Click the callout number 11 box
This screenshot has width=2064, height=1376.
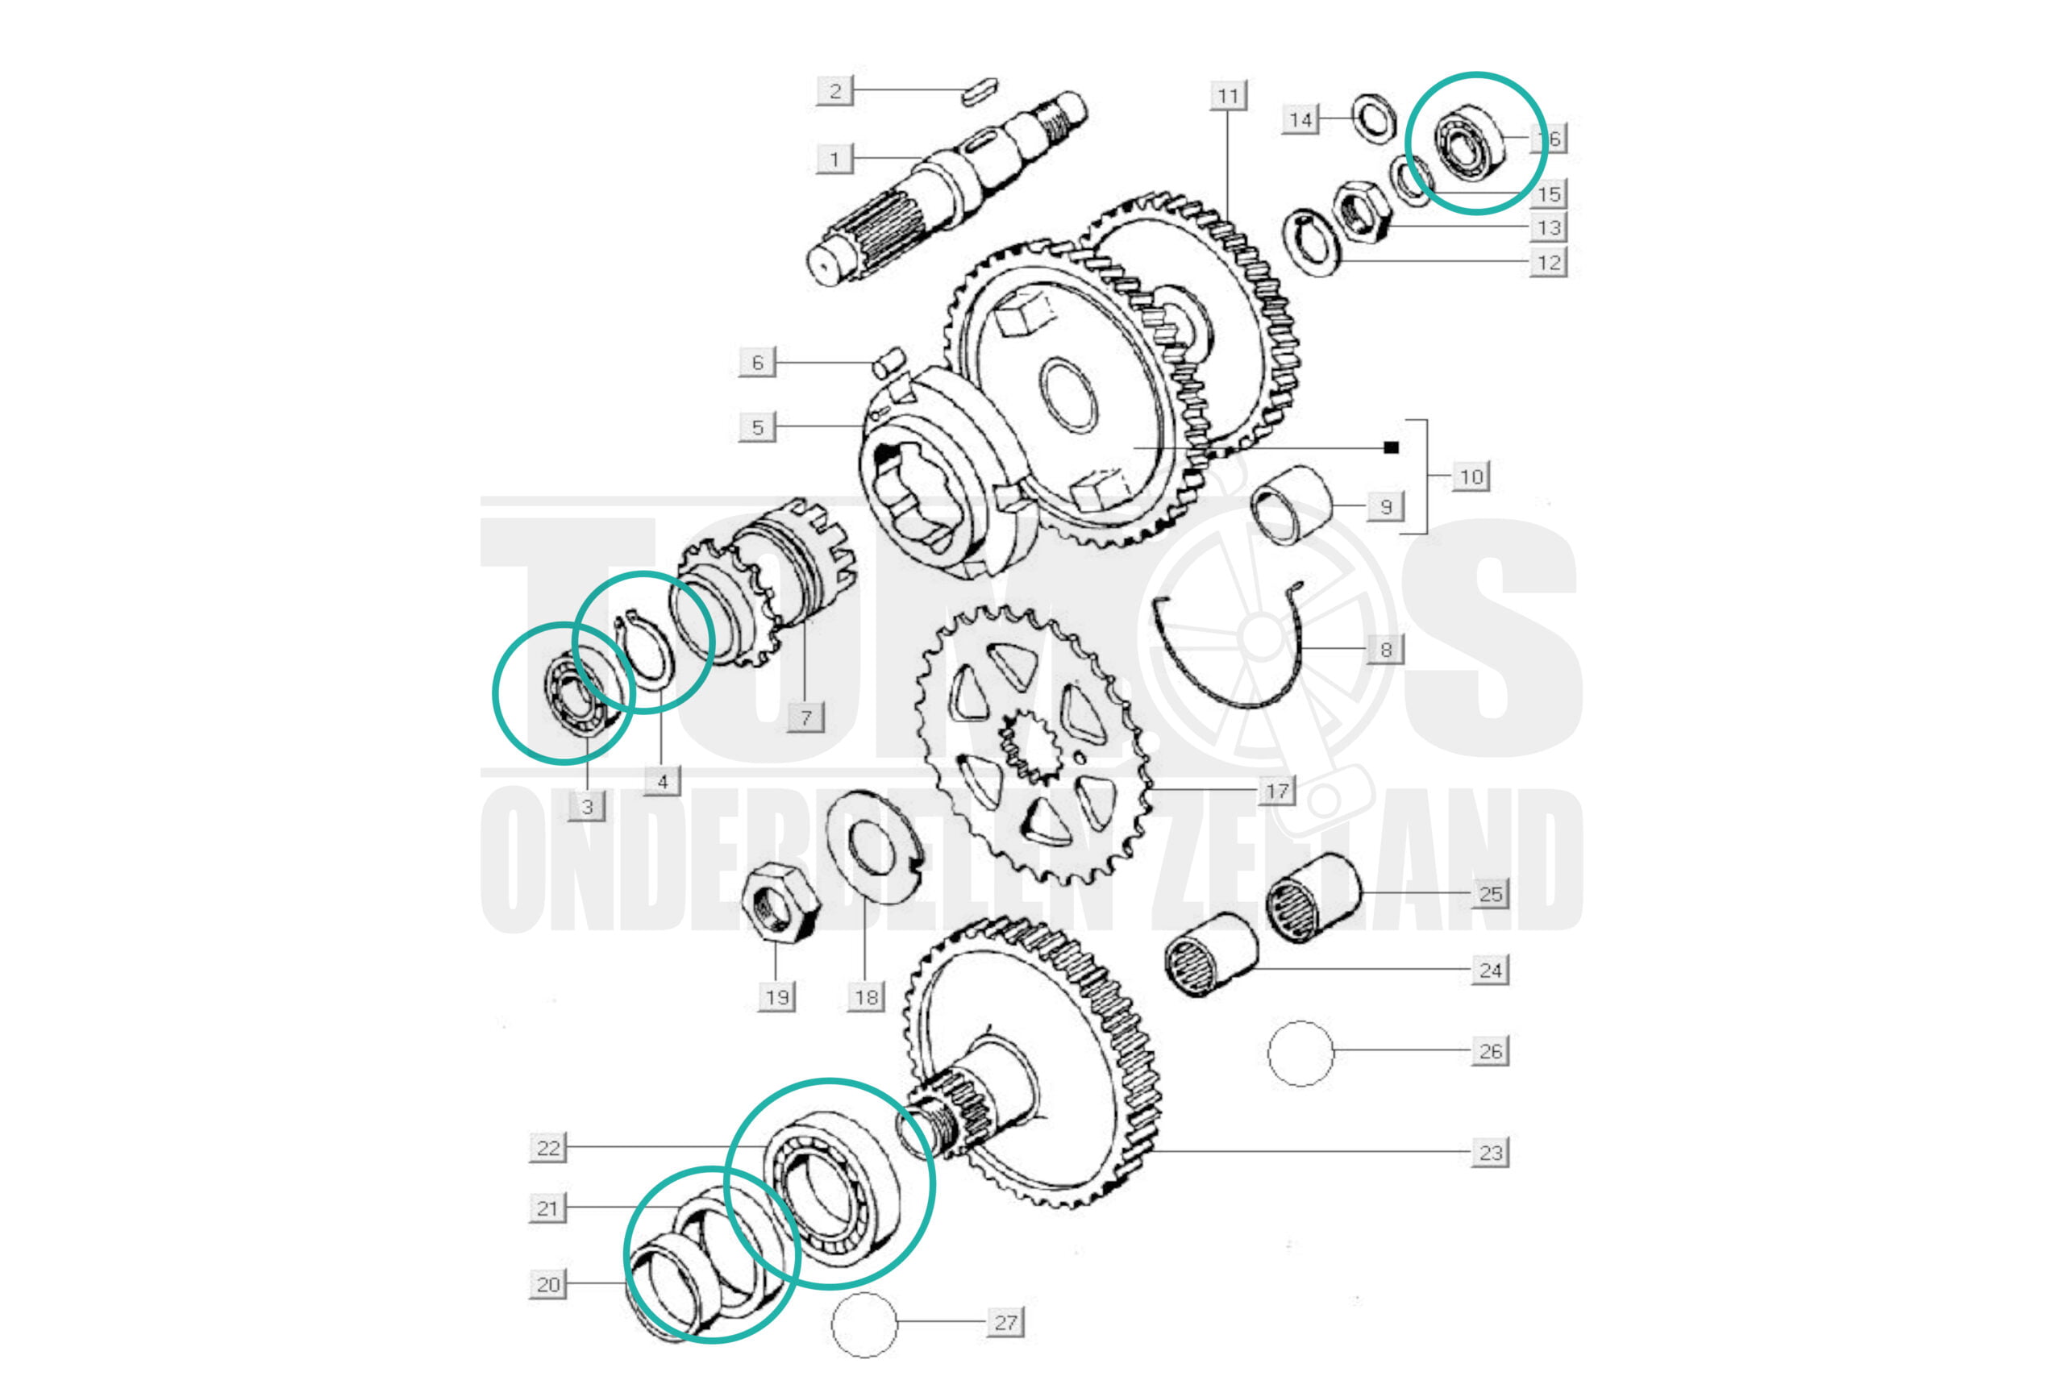(1228, 96)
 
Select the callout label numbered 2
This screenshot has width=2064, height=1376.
(834, 90)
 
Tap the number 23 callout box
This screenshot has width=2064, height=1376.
(1490, 1152)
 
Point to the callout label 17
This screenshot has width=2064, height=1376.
(1277, 791)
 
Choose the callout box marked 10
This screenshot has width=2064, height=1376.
(1471, 476)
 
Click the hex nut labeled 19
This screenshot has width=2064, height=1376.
(780, 901)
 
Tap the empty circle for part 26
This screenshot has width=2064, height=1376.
(1300, 1053)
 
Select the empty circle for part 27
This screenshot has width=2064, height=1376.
(864, 1324)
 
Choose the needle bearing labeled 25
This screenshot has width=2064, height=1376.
(1313, 898)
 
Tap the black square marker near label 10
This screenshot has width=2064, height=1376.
(1391, 447)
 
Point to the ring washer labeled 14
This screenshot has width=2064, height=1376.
(1373, 117)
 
